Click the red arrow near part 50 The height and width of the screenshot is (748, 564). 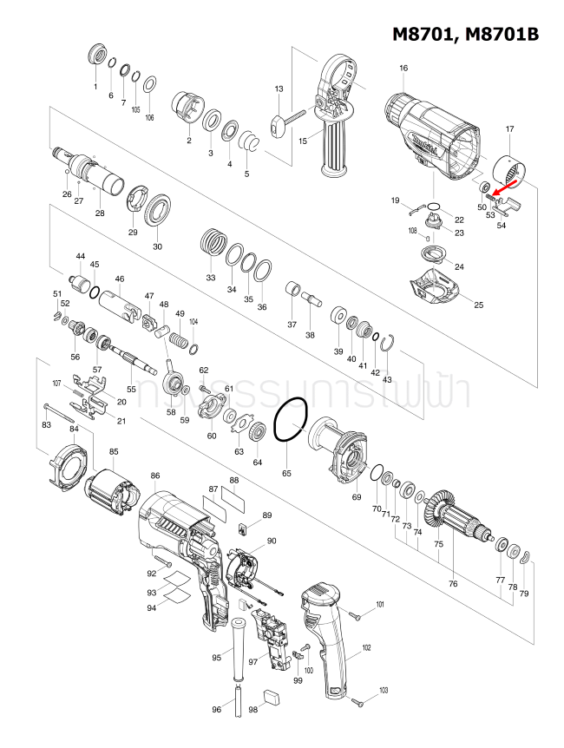(x=501, y=188)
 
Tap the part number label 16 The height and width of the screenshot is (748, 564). (x=403, y=68)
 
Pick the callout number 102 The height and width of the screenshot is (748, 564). (x=366, y=647)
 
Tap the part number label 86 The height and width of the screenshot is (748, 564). (x=155, y=476)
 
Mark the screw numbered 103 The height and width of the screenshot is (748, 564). (x=357, y=700)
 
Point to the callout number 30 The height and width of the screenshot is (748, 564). (x=157, y=246)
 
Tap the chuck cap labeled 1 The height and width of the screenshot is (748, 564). (x=96, y=55)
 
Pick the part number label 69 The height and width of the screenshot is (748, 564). (x=356, y=496)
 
